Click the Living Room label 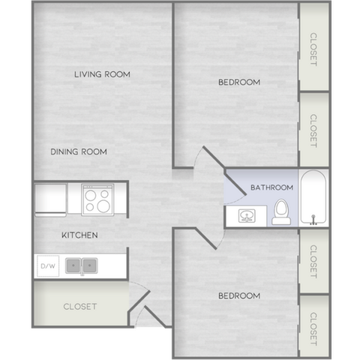[102, 74]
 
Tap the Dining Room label [79, 151]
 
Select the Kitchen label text [79, 235]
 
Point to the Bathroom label [271, 187]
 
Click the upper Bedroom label [239, 82]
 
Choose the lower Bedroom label [239, 295]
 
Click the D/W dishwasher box [48, 265]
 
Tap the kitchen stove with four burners [97, 199]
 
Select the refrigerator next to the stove [51, 200]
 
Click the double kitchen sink [82, 265]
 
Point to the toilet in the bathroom [281, 211]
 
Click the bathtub [313, 197]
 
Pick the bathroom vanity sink [247, 216]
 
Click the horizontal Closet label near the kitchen [80, 307]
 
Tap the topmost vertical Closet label [313, 49]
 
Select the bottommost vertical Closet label [313, 329]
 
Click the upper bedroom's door [213, 157]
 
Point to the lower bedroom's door [206, 238]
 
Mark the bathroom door [235, 183]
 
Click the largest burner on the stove [103, 206]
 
